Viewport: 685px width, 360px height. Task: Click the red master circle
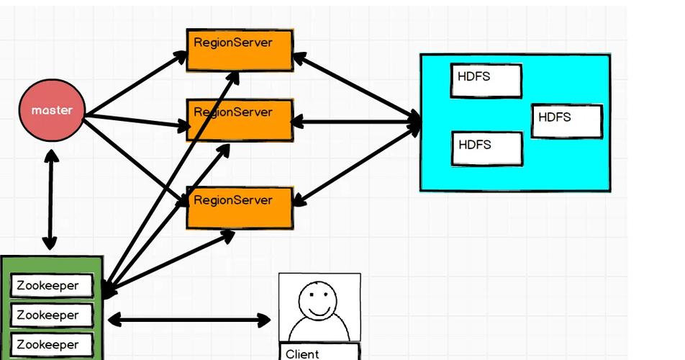[52, 111]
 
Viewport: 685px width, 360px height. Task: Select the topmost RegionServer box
[240, 50]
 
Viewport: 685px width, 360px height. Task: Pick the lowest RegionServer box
[240, 207]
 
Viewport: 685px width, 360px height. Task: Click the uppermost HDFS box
[486, 81]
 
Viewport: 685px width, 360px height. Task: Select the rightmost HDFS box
[566, 121]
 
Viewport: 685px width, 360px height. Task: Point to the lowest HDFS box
[486, 148]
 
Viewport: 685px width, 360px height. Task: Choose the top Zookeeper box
[52, 286]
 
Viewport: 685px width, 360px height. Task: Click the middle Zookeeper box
[52, 315]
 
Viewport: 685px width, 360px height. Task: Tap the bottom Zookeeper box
[52, 344]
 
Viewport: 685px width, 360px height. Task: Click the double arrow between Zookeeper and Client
[189, 319]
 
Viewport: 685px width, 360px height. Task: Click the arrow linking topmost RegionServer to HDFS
[356, 89]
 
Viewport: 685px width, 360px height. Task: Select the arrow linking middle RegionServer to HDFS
[356, 122]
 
